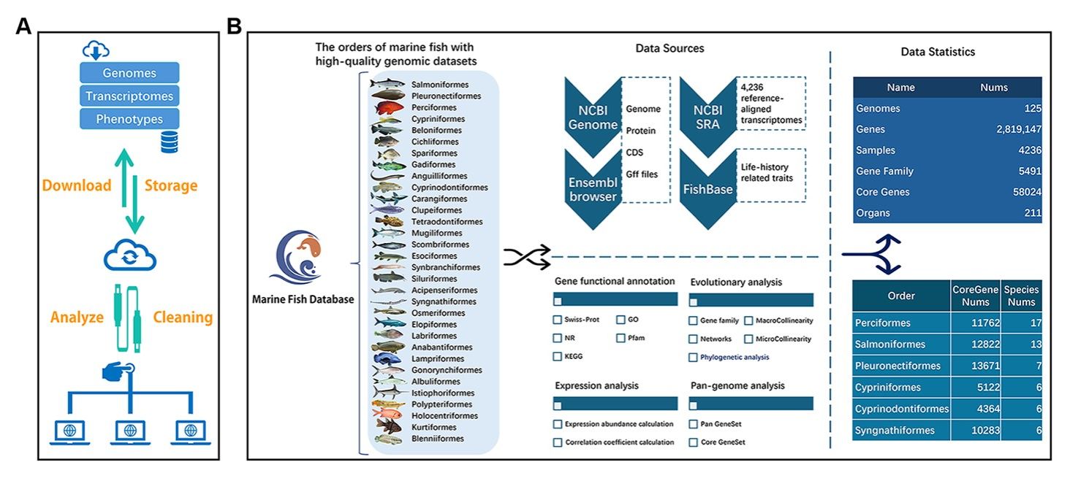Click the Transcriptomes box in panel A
(x=129, y=96)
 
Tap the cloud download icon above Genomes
(x=96, y=50)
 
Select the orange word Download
(x=77, y=185)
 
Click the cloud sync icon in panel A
(x=130, y=255)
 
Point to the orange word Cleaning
(x=183, y=317)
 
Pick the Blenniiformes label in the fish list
(x=438, y=439)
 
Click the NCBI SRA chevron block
(x=708, y=117)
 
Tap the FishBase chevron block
(x=708, y=190)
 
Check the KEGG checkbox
(x=557, y=356)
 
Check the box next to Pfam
(x=621, y=338)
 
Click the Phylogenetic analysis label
(x=735, y=357)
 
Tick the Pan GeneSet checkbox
(x=693, y=424)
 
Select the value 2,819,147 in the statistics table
(x=1018, y=129)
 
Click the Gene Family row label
(x=884, y=171)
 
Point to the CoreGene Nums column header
(x=976, y=296)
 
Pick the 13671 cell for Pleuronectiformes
(x=985, y=366)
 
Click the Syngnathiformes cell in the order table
(x=895, y=431)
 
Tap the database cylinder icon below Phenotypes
(x=170, y=142)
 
